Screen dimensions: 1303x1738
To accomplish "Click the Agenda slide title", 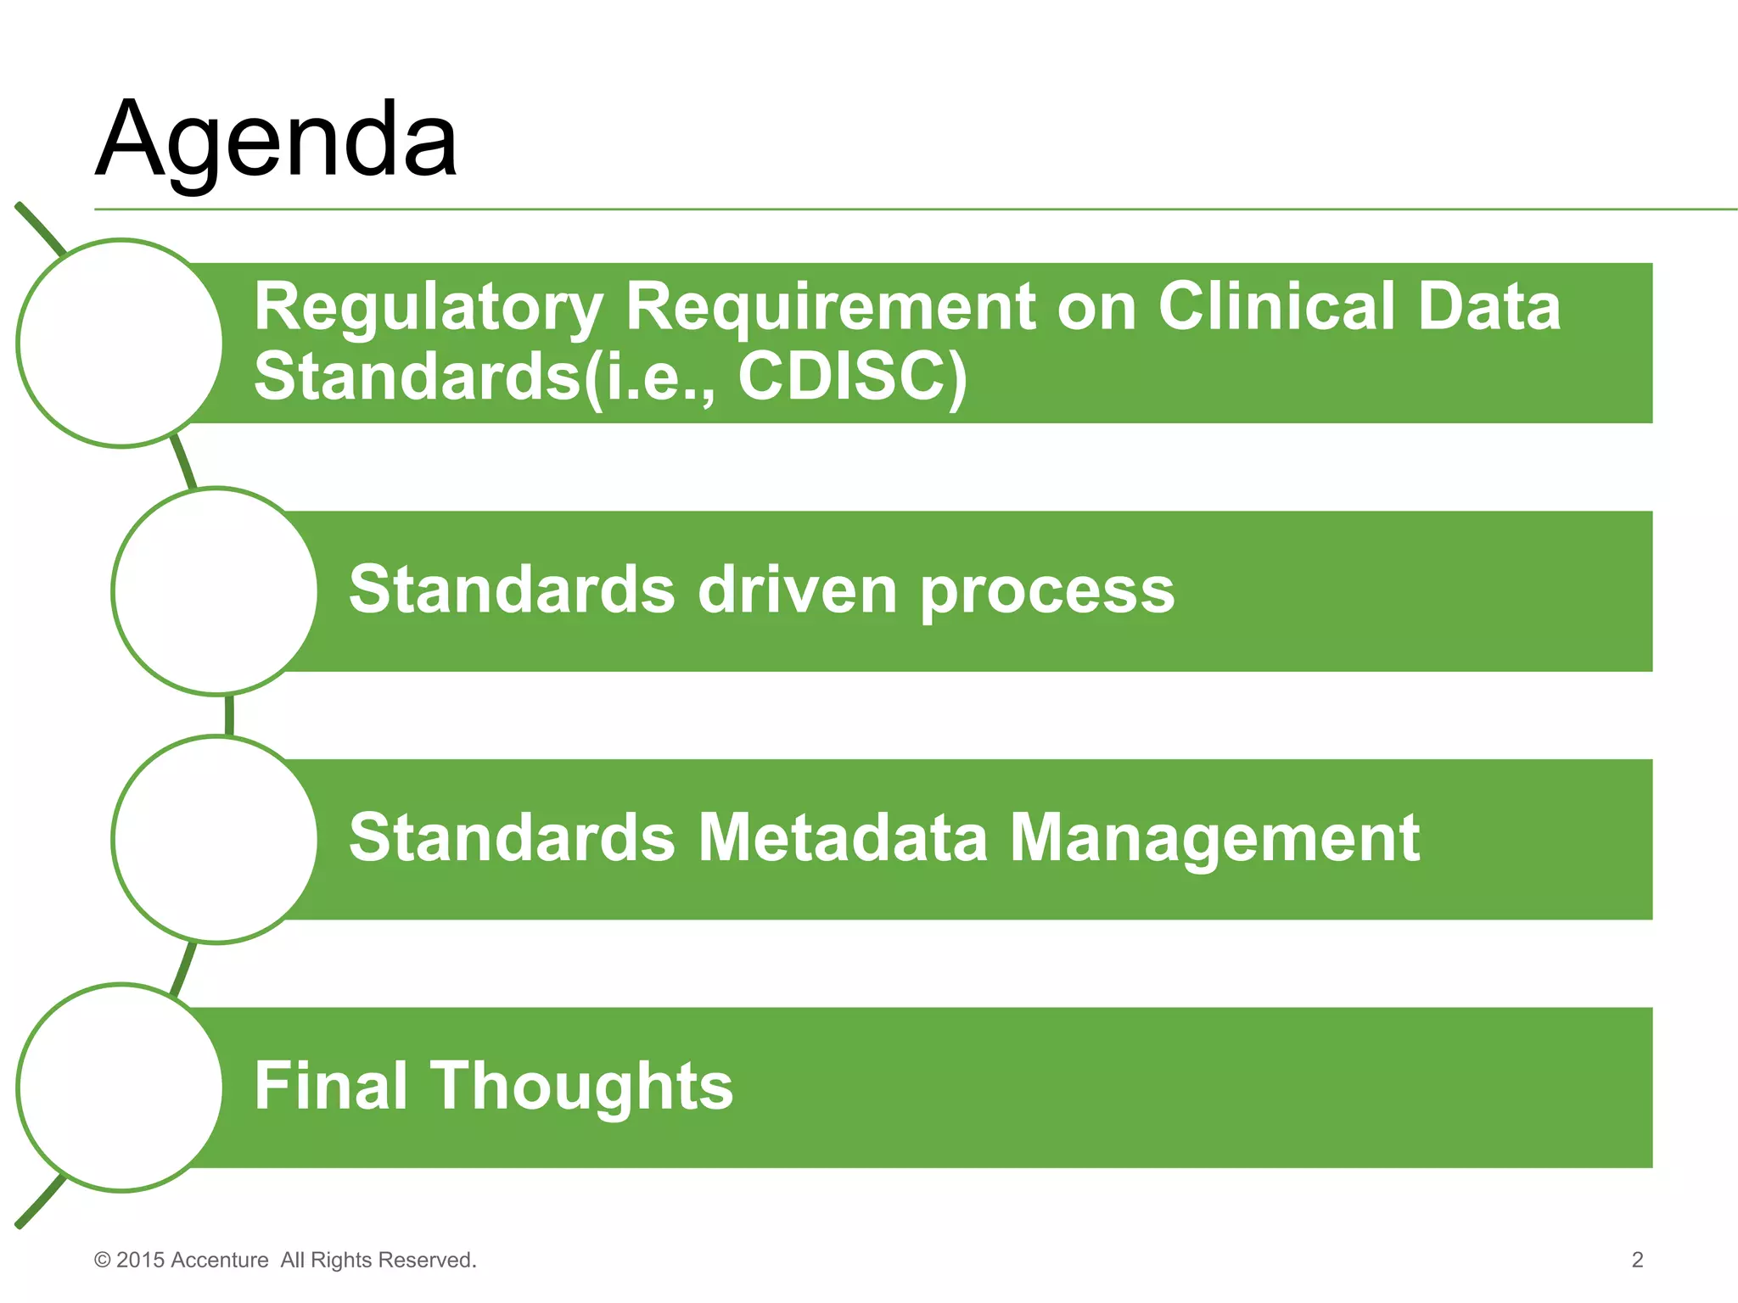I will point(277,140).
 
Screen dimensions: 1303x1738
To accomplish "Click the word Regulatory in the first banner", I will point(429,307).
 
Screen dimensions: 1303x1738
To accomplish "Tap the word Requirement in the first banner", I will point(831,307).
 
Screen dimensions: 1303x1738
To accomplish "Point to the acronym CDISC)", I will point(852,376).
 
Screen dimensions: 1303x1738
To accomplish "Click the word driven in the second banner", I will point(797,590).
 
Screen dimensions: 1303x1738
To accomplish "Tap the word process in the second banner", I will point(1047,591).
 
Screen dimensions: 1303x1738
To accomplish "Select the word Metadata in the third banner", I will point(843,838).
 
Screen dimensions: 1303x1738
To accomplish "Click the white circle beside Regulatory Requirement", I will point(120,343).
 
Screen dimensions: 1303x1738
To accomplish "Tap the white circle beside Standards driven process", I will point(215,591).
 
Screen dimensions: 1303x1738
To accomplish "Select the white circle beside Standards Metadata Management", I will point(215,839).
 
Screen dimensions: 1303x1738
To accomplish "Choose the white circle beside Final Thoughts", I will point(120,1088).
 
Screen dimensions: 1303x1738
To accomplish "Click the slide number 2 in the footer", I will point(1637,1260).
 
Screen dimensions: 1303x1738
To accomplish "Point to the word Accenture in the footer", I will point(219,1261).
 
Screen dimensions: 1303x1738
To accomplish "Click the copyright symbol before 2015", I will point(103,1261).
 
